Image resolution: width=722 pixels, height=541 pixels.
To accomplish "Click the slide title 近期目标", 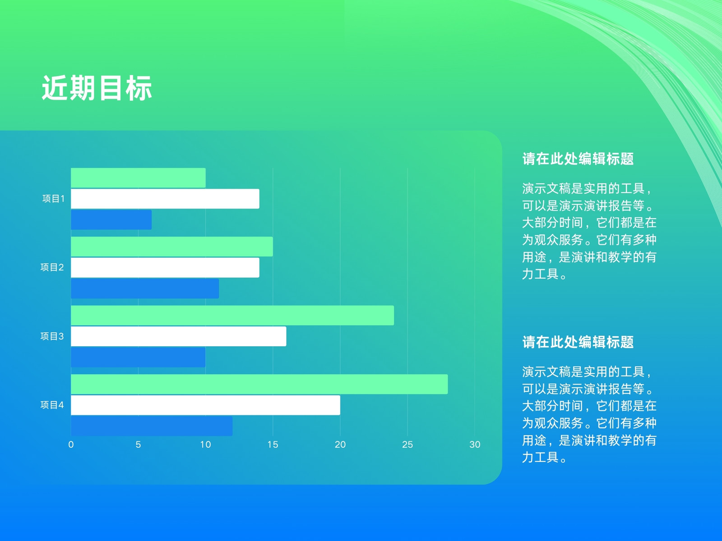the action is pyautogui.click(x=97, y=88).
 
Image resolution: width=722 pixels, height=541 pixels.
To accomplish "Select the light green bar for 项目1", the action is pyautogui.click(x=138, y=178).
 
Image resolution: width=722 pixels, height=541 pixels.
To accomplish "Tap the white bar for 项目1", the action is pyautogui.click(x=165, y=199).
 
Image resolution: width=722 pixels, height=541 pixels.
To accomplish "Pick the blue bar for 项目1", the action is pyautogui.click(x=111, y=220).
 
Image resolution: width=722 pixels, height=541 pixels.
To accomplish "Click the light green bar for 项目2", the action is pyautogui.click(x=172, y=246).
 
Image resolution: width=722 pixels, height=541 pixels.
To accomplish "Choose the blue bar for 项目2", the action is pyautogui.click(x=145, y=289).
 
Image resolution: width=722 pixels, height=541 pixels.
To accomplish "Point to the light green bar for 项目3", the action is pyautogui.click(x=232, y=315).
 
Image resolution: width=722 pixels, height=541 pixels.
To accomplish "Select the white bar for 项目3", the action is pyautogui.click(x=179, y=336).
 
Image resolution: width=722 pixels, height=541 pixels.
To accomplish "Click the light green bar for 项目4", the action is pyautogui.click(x=259, y=384).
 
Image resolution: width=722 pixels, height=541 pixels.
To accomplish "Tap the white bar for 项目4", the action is pyautogui.click(x=206, y=405).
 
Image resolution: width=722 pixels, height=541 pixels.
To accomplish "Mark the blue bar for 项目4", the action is pyautogui.click(x=152, y=426).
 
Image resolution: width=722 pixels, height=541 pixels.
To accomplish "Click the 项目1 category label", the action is pyautogui.click(x=54, y=199).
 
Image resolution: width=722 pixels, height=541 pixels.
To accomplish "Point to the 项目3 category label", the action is pyautogui.click(x=52, y=336).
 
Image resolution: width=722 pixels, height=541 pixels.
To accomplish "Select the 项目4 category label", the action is pyautogui.click(x=52, y=405).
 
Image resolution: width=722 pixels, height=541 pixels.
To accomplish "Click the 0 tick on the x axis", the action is pyautogui.click(x=71, y=445).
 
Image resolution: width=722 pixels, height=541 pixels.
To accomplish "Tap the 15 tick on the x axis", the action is pyautogui.click(x=273, y=445).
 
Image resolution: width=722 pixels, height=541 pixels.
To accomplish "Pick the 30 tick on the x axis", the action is pyautogui.click(x=475, y=445).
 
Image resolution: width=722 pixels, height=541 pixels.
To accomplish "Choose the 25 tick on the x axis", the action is pyautogui.click(x=407, y=445).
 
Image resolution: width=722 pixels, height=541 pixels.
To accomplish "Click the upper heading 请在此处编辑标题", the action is pyautogui.click(x=578, y=159).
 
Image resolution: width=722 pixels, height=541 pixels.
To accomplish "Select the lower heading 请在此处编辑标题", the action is pyautogui.click(x=578, y=342).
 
